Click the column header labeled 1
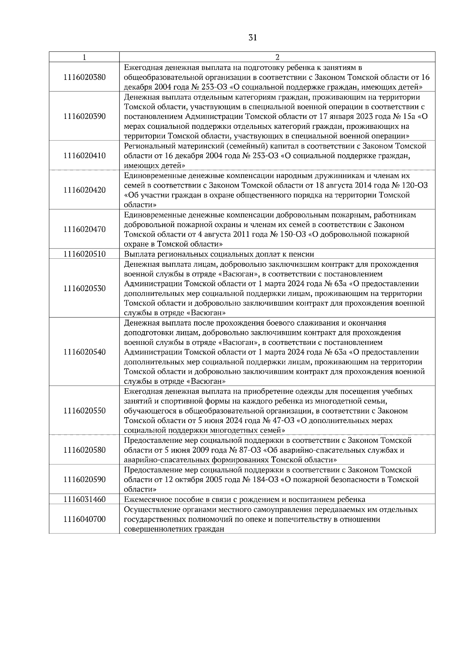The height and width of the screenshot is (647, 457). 84,57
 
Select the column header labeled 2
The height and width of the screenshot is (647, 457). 277,57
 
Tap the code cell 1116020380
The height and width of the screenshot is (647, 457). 85,77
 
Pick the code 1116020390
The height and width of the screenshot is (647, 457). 85,117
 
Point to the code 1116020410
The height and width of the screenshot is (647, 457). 85,156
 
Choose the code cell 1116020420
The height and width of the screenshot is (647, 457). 85,190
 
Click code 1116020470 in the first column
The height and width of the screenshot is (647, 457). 85,229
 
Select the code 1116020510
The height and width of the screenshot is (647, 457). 85,254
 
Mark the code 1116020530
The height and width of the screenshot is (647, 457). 85,288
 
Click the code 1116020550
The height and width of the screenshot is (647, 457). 85,411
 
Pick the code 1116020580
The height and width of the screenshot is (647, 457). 85,450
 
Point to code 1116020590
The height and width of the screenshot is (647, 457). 85,479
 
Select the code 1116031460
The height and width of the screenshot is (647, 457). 85,500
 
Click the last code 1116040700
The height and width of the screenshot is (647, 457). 85,519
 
